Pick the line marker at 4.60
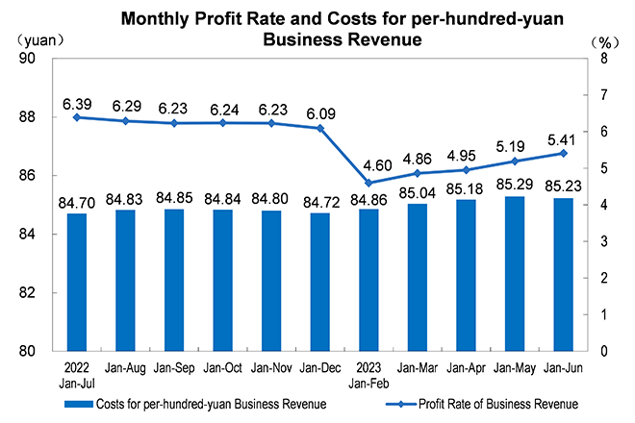(367, 183)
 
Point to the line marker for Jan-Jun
(563, 153)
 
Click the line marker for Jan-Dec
(321, 128)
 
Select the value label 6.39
(77, 102)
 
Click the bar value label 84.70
(77, 203)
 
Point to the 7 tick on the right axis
(603, 95)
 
